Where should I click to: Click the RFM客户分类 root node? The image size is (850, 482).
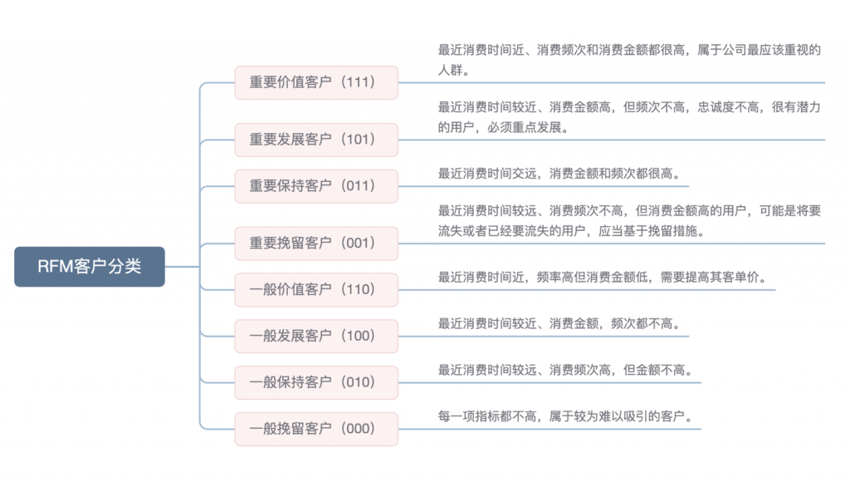point(90,267)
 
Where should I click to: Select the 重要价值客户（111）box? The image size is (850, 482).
point(316,82)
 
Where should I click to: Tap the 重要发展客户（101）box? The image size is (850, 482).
point(316,140)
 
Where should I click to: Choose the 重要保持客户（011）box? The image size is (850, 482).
point(316,186)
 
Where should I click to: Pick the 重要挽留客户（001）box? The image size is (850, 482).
point(316,243)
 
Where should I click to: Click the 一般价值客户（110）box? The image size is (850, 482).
point(316,290)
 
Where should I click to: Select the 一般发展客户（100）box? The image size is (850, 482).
point(316,337)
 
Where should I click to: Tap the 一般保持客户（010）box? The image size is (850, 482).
point(316,383)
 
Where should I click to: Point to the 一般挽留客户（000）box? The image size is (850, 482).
point(316,429)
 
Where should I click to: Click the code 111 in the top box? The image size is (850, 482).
point(361,82)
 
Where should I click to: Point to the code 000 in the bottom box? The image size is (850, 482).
point(361,429)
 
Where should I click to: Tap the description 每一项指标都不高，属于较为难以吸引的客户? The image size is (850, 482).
point(565,416)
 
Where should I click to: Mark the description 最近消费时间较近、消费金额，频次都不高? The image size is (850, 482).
point(559,323)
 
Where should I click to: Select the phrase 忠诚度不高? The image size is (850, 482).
point(724,106)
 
